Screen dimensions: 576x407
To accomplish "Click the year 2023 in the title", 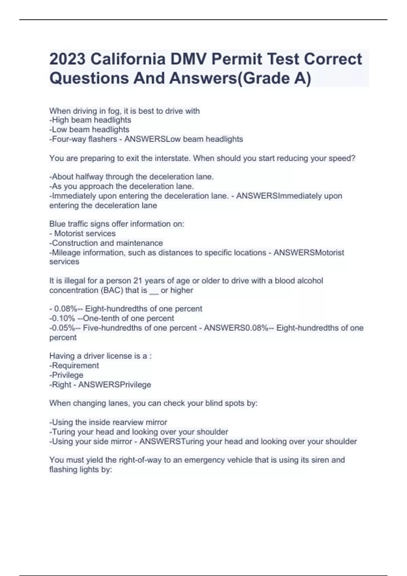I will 67,59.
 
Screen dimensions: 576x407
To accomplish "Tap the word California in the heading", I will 128,59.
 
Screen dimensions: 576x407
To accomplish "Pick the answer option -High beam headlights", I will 90,120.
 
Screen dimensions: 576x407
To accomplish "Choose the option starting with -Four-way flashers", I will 83,139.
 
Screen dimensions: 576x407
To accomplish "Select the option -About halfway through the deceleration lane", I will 132,177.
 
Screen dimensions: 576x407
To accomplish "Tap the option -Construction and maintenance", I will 106,243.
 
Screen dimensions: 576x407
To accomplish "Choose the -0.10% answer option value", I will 62,318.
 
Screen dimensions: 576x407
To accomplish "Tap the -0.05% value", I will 62,328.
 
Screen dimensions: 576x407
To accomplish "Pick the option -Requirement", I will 74,366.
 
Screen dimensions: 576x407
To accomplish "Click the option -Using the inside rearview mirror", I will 108,423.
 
